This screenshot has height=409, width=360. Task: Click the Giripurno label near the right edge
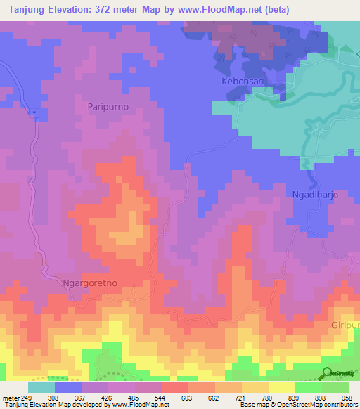click(345, 326)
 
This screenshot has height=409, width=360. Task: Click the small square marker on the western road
click(33, 112)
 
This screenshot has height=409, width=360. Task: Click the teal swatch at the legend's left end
click(41, 387)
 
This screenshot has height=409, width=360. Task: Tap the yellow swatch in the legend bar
click(281, 387)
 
